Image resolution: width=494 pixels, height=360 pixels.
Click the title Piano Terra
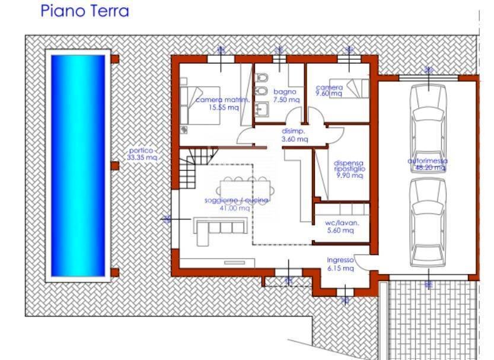click(84, 11)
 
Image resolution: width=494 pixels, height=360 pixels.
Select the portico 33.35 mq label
click(142, 154)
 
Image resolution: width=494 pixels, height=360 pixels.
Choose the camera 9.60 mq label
click(329, 90)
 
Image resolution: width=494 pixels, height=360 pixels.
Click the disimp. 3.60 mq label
click(294, 135)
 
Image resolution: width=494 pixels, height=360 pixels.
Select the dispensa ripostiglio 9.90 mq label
click(349, 169)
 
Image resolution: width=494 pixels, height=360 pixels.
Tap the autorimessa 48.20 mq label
click(427, 164)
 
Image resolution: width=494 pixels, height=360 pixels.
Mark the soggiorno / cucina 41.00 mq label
click(236, 204)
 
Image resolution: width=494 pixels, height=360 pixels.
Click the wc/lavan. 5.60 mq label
click(339, 227)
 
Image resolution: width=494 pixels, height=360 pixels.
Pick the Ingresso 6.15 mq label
click(340, 264)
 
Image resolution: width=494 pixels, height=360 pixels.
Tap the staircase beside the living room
click(196, 167)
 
